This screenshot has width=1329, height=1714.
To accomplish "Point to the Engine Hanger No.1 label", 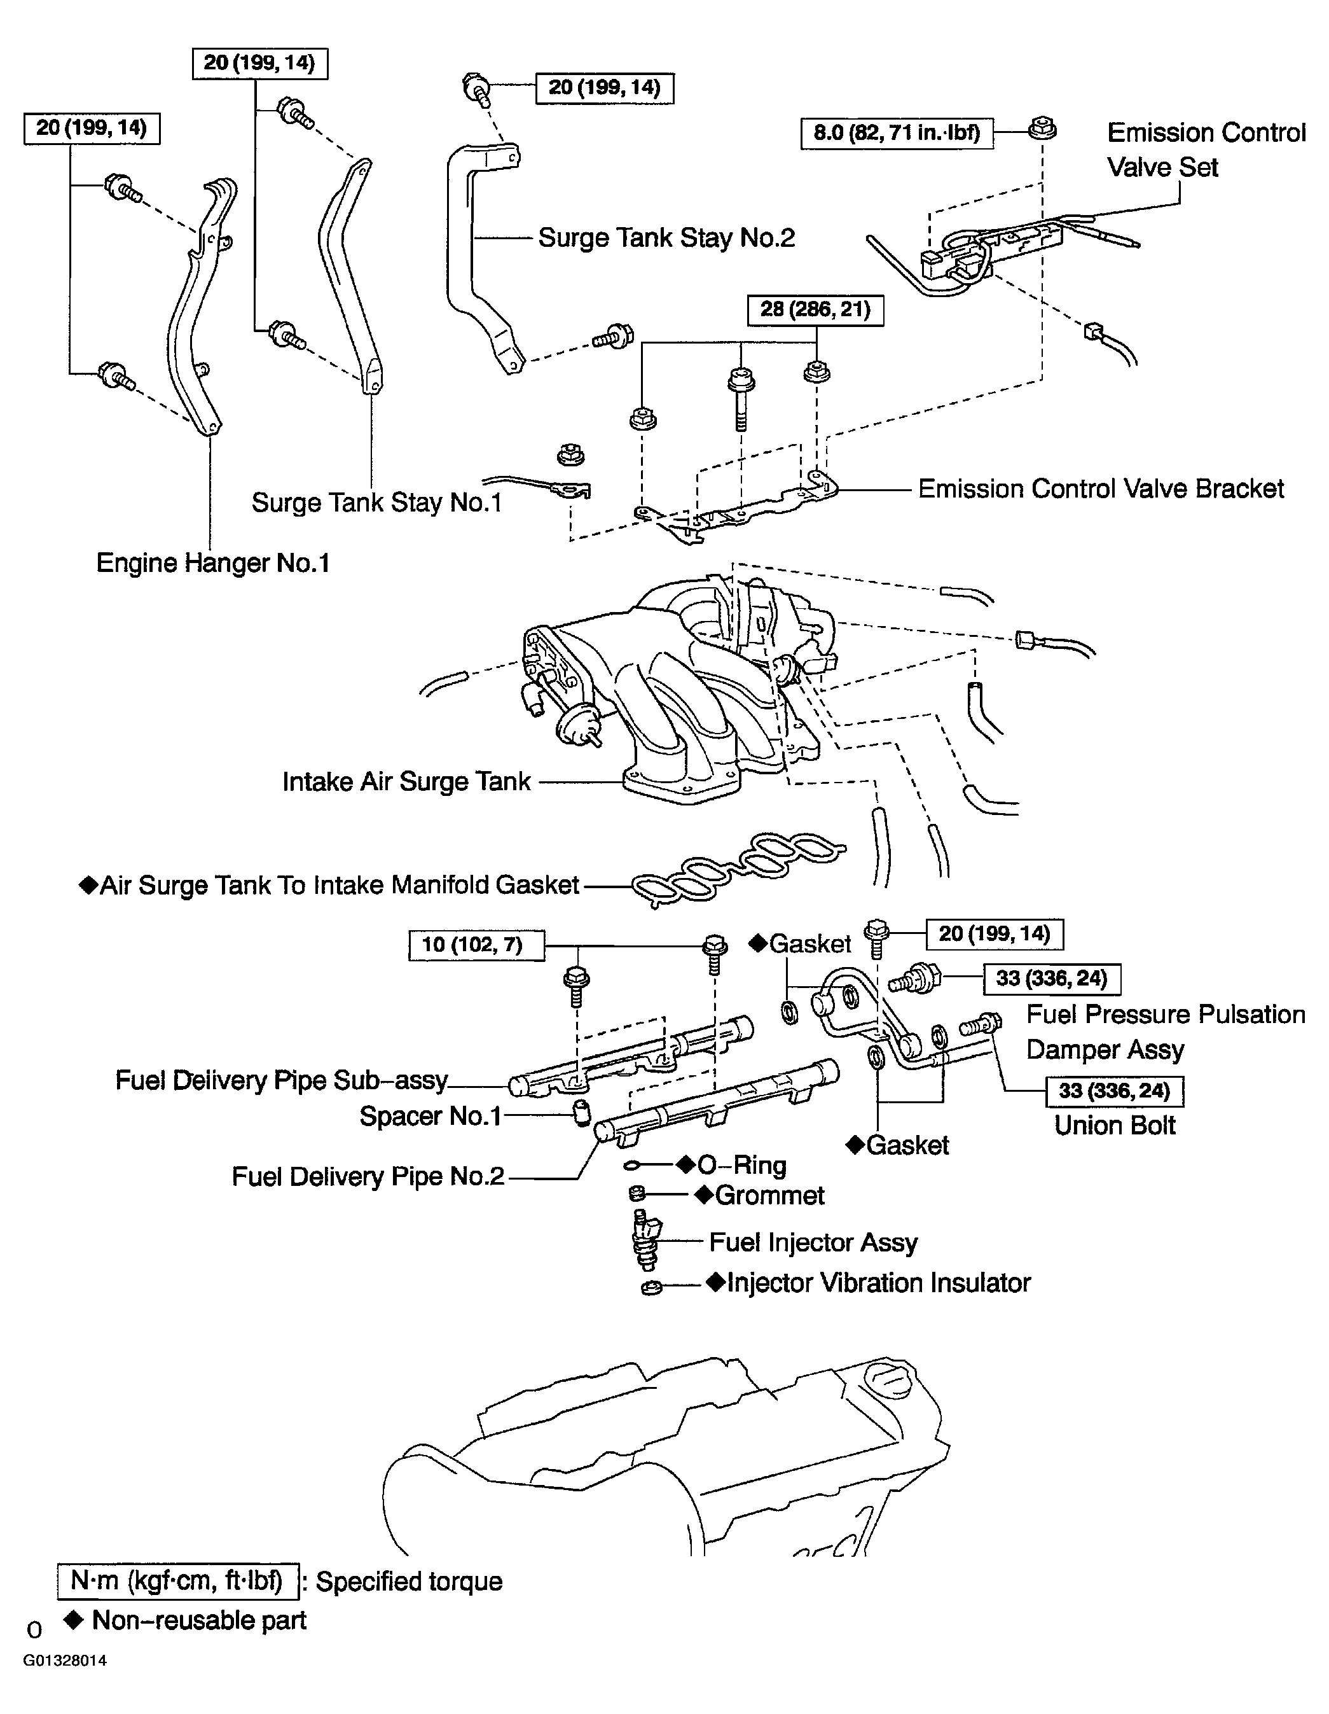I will (x=212, y=562).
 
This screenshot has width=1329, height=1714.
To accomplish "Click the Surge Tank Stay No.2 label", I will (x=666, y=238).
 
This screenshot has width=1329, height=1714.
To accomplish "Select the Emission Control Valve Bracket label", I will (x=1101, y=489).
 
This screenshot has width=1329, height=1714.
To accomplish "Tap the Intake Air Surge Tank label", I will (x=406, y=782).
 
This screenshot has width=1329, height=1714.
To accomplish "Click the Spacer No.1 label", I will (x=430, y=1116).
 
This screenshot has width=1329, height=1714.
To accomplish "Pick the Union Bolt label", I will (x=1114, y=1125).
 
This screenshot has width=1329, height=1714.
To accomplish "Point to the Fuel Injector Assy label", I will (x=813, y=1243).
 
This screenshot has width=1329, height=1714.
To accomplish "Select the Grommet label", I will (x=768, y=1195).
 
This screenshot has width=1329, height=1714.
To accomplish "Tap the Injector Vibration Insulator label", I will (x=877, y=1283).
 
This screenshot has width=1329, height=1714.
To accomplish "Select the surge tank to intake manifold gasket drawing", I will (x=738, y=869).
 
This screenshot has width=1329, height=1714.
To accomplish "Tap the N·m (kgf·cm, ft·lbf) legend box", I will (x=178, y=1580).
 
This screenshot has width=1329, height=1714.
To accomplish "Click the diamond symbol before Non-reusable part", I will (x=74, y=1620).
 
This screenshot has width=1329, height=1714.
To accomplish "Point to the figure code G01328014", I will (x=64, y=1661).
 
